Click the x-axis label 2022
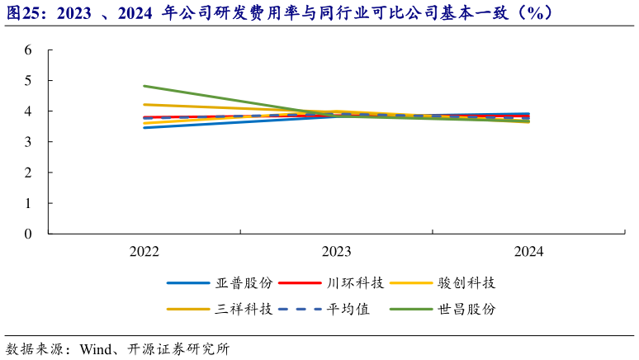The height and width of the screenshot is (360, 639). click(x=144, y=252)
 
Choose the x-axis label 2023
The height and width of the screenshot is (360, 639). click(x=337, y=252)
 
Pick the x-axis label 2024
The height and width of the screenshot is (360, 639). click(x=528, y=252)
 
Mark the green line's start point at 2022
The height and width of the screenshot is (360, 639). click(x=144, y=86)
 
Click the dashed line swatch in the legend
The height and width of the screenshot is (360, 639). click(x=298, y=309)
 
